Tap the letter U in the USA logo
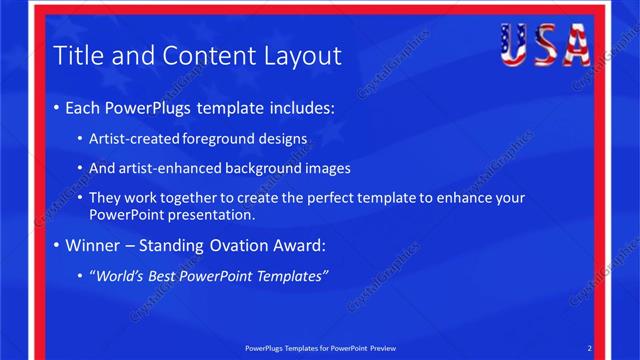[514, 44]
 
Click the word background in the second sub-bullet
[260, 168]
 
